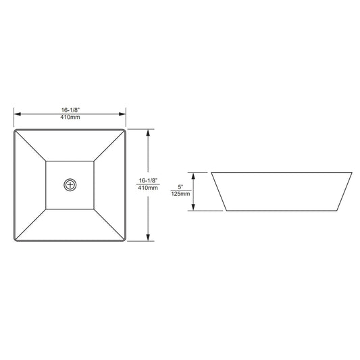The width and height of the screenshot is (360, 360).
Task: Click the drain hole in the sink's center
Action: pos(70,185)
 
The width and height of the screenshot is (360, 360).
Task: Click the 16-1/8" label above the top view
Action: pos(70,110)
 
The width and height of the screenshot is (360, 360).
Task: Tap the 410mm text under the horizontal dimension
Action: pos(70,117)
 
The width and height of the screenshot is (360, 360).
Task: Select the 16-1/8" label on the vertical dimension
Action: pos(149,181)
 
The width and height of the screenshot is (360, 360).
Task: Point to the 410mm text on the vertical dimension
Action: pos(148,188)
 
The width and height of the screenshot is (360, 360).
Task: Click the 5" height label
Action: pos(181,187)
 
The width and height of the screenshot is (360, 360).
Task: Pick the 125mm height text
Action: pos(181,194)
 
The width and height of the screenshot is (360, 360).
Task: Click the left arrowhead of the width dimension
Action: pos(18,114)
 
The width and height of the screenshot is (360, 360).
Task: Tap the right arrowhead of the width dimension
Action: pos(122,114)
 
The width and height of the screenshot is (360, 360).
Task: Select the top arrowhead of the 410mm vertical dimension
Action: pos(148,132)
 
